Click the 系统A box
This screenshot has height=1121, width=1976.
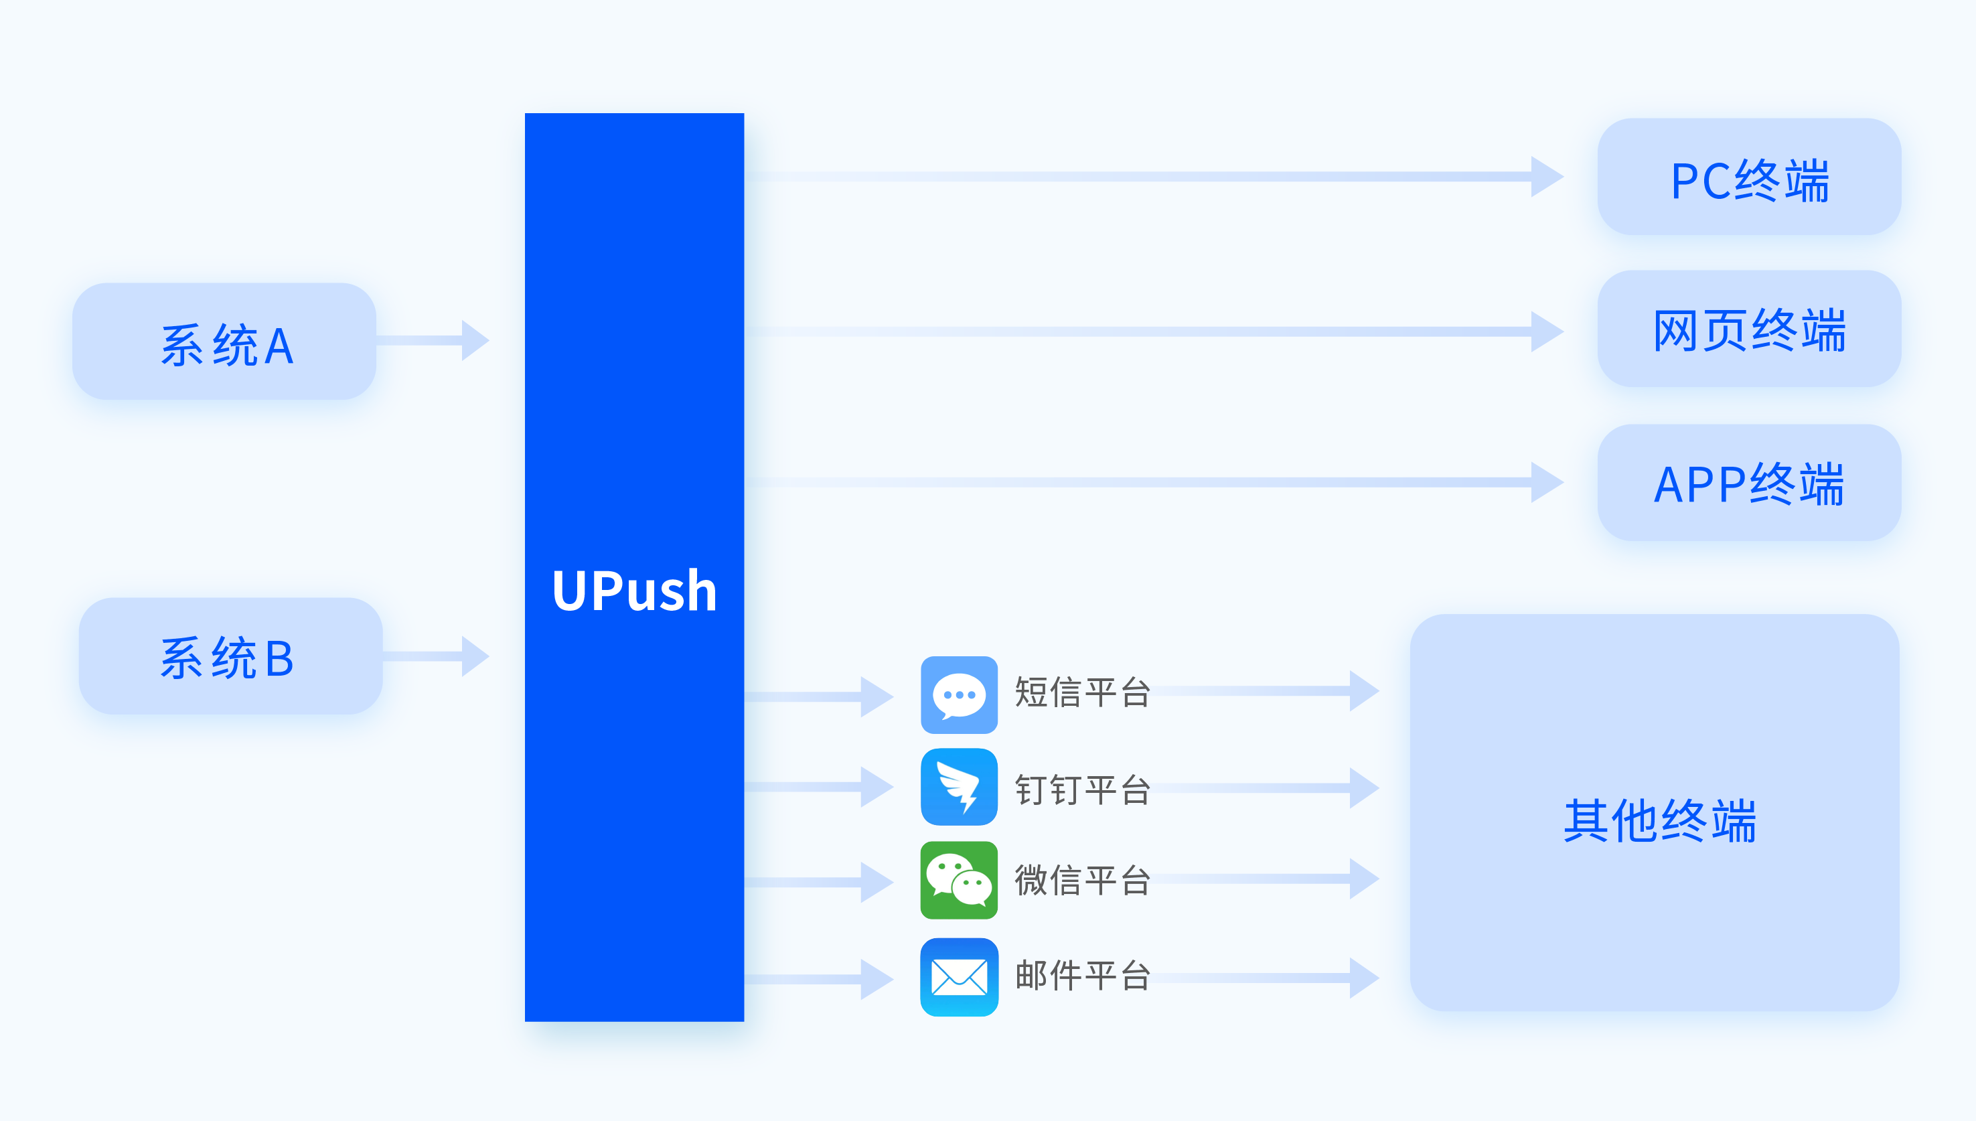pos(224,341)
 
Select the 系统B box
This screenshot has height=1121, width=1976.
pos(230,656)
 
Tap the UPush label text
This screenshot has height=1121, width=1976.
pos(634,591)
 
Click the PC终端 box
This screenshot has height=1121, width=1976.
pos(1749,177)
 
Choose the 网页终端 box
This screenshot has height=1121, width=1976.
pos(1749,329)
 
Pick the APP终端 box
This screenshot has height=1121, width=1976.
pos(1749,483)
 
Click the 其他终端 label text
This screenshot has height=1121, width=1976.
pos(1660,821)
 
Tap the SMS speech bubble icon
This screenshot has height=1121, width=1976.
pos(959,694)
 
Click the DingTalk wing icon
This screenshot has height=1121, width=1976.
pos(959,787)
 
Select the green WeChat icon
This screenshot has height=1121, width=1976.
pos(959,880)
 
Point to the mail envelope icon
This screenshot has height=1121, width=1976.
pos(959,977)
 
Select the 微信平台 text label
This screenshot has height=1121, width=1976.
pos(1082,880)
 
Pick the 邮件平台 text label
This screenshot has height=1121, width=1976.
pos(1082,976)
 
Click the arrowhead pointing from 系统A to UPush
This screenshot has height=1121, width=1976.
pos(474,340)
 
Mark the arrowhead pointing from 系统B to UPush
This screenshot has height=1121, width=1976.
pos(474,656)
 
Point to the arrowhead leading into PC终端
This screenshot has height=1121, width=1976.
pos(1545,177)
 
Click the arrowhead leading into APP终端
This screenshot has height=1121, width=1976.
pos(1545,483)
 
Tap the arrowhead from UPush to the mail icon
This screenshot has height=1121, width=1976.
pos(876,979)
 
